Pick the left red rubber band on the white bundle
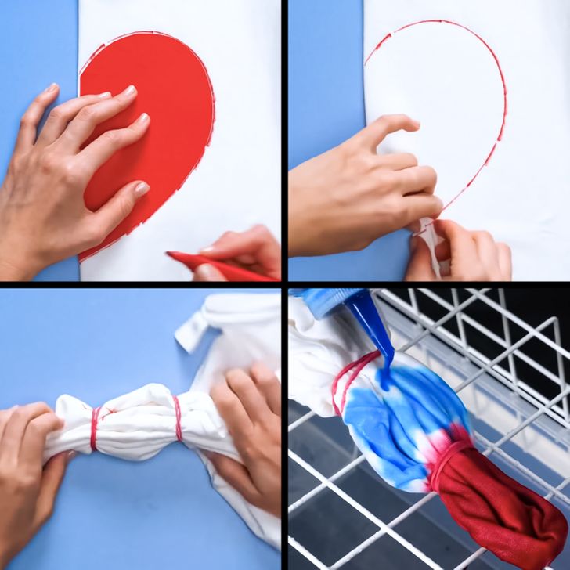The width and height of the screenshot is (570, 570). [x=95, y=428]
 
